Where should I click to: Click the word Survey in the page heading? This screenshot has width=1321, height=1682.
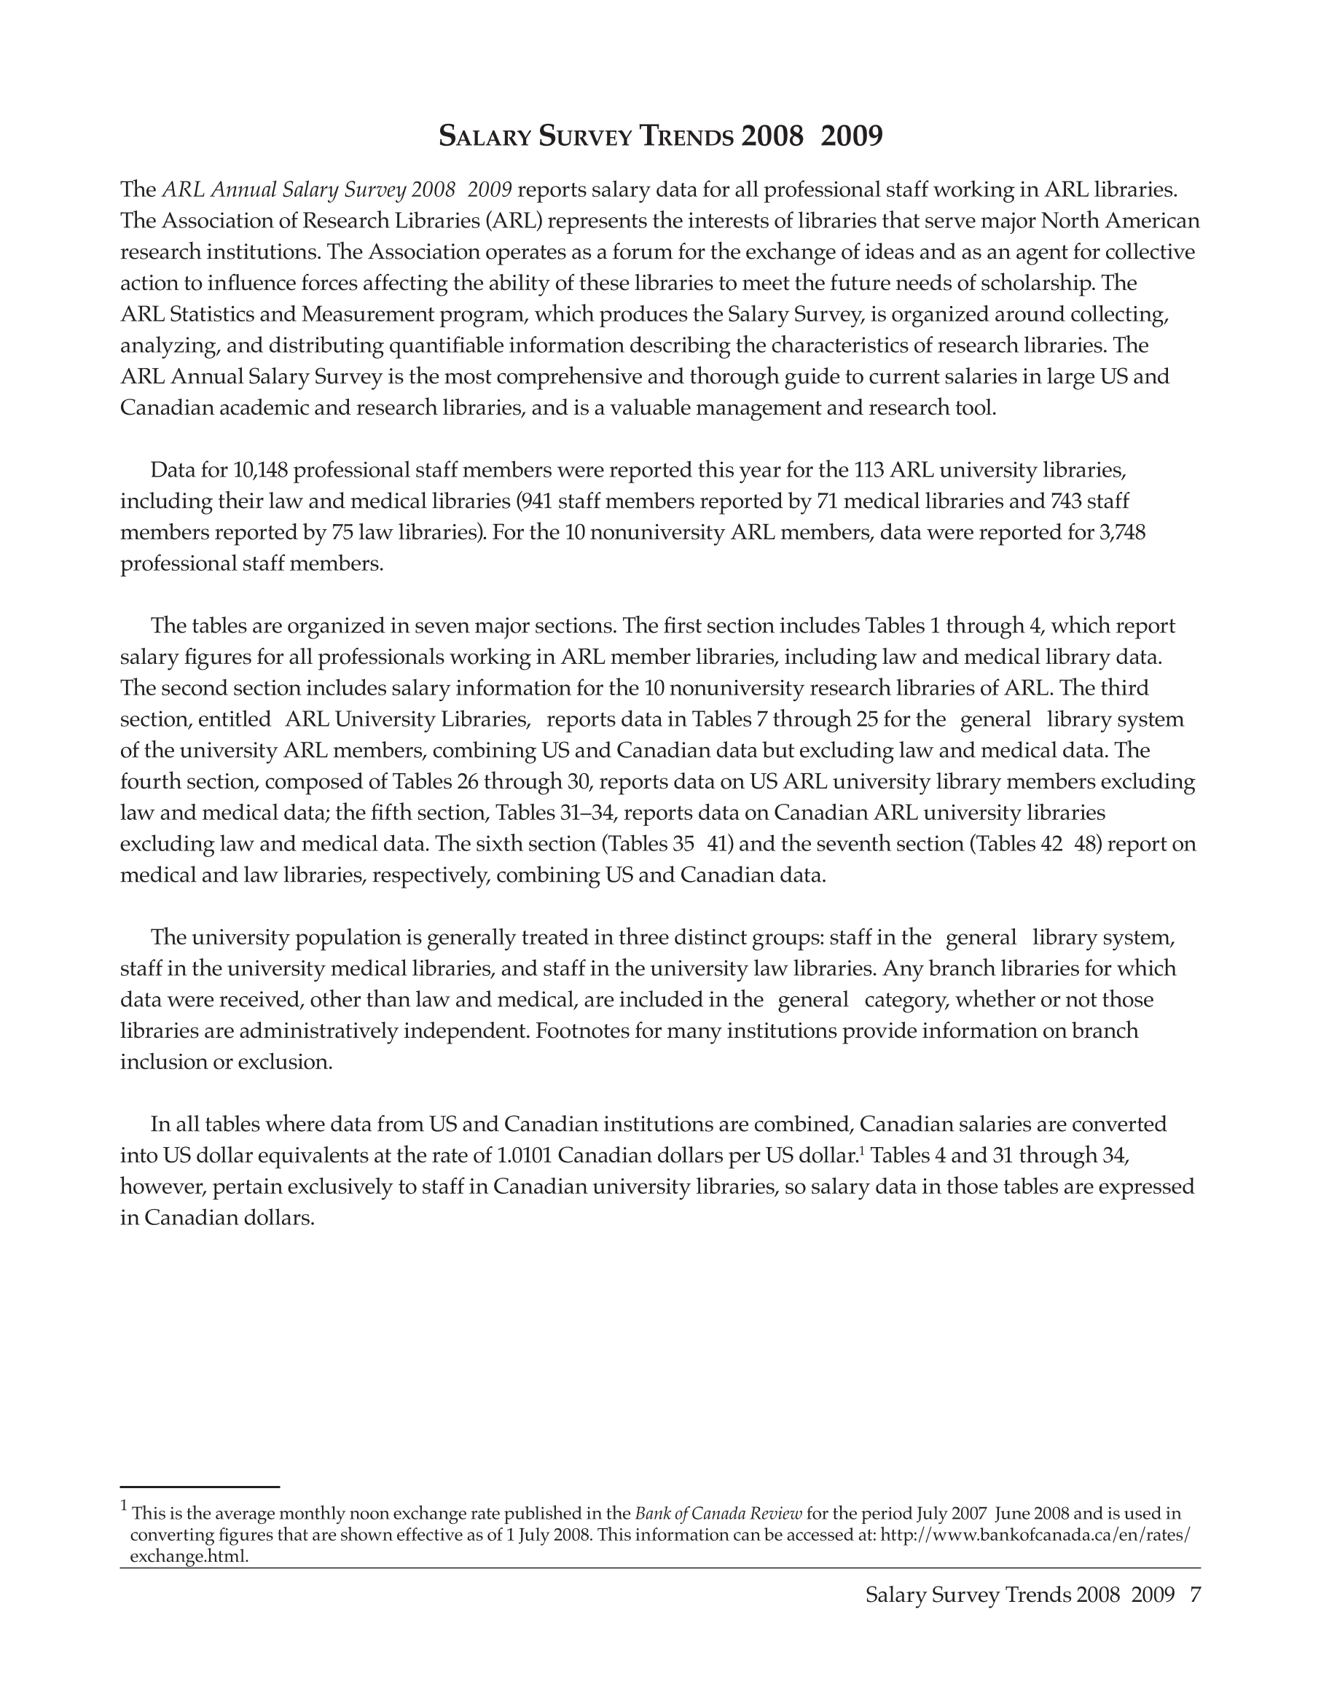coord(587,137)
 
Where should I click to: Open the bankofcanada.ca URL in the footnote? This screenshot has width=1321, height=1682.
coord(1035,1534)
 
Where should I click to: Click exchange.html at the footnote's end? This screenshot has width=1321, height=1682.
coord(189,1556)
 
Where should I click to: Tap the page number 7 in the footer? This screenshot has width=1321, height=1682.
coord(1195,1595)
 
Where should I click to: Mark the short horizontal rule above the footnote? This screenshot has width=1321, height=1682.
coord(200,1486)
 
